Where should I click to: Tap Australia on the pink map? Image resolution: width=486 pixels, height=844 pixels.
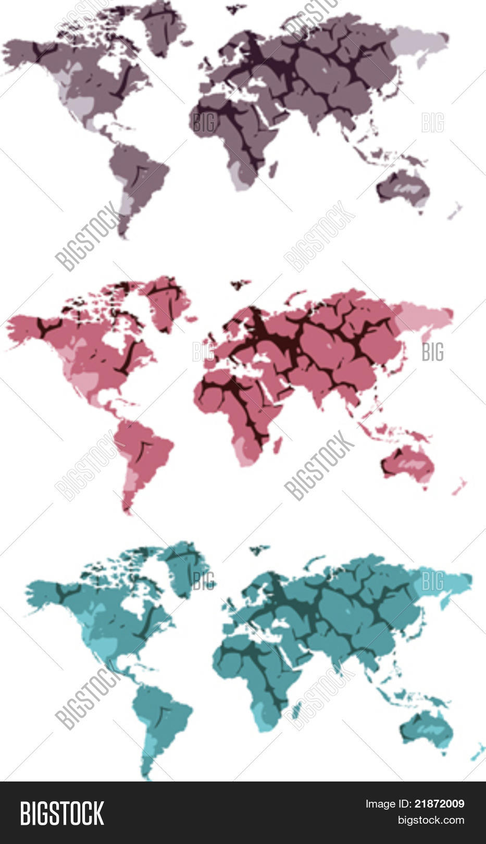[408, 464]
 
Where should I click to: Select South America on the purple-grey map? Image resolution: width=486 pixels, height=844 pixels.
[138, 175]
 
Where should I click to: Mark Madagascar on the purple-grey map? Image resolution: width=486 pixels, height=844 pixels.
[272, 169]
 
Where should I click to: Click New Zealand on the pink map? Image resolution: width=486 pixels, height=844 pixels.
[459, 487]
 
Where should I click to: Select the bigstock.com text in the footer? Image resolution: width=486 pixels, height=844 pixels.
[431, 820]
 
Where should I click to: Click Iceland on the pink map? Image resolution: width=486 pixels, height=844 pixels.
[240, 284]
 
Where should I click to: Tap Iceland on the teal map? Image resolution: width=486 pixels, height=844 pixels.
[259, 549]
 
